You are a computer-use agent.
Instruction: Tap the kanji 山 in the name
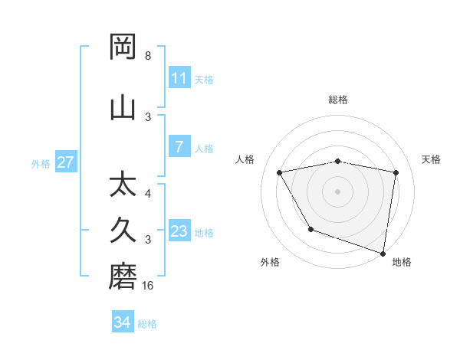(x=123, y=106)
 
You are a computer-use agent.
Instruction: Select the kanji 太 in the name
(x=123, y=185)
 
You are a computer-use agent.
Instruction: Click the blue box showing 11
(x=179, y=78)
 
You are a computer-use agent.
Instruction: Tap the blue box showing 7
(x=179, y=148)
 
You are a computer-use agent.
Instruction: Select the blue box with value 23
(x=179, y=232)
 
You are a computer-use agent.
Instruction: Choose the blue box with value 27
(x=66, y=162)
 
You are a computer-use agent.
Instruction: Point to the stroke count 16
(x=149, y=286)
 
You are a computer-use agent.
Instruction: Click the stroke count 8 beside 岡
(x=147, y=56)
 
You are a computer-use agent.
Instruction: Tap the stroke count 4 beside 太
(x=147, y=193)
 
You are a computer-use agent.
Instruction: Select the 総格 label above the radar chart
(x=338, y=100)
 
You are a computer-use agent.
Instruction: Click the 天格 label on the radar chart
(x=432, y=159)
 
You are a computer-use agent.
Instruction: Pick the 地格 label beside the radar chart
(x=402, y=262)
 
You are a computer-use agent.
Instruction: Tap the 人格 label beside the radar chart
(x=245, y=159)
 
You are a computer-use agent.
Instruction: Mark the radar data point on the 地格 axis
(x=383, y=252)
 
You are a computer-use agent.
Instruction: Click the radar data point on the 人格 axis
(x=280, y=173)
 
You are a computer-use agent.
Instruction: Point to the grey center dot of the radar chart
(x=338, y=191)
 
